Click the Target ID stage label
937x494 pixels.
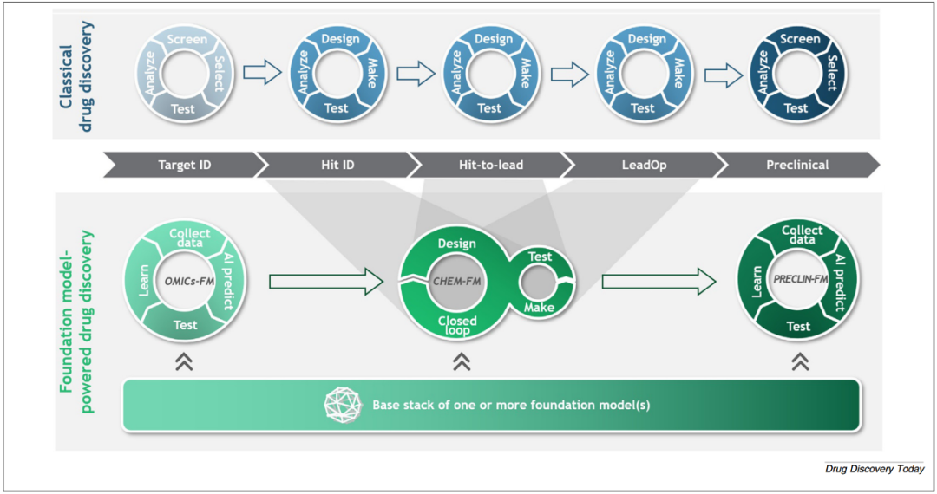[x=183, y=165]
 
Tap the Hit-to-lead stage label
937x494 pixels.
[x=490, y=165]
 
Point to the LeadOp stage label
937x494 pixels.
[x=644, y=165]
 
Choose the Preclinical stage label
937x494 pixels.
[x=797, y=165]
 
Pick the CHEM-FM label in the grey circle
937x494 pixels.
[x=457, y=281]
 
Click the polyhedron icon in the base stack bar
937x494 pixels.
[x=343, y=405]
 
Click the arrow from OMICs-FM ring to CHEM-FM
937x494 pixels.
[x=326, y=281]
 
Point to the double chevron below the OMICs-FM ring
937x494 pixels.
[x=184, y=361]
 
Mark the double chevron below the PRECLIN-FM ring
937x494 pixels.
[x=800, y=361]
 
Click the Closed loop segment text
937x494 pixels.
[x=456, y=326]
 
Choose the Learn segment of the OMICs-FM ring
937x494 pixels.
[x=144, y=283]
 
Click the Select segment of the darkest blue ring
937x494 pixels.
[x=830, y=75]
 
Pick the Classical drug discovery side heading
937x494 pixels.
[x=75, y=75]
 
